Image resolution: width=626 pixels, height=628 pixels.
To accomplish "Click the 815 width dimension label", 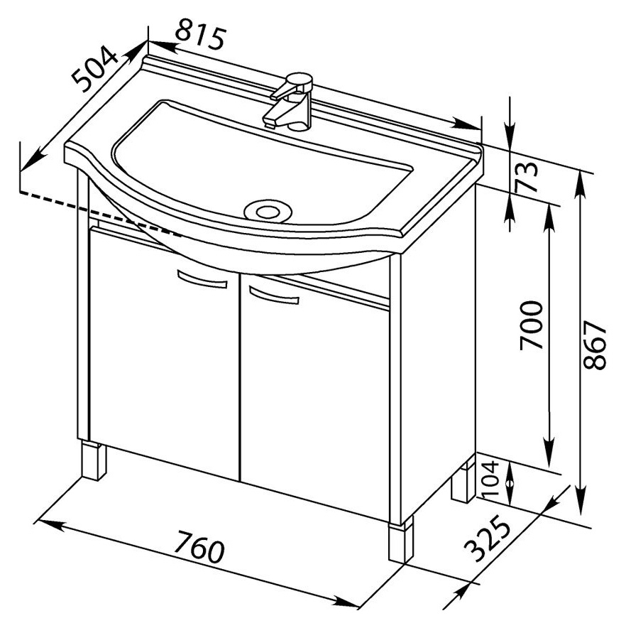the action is coord(199,34).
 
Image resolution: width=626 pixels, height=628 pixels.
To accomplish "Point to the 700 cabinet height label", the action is coord(532,325).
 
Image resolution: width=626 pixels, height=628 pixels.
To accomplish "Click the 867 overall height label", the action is coord(595,345).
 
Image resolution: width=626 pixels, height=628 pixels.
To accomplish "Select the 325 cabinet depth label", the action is coord(487,538).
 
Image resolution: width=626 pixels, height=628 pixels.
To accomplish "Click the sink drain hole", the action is coord(268,211).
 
